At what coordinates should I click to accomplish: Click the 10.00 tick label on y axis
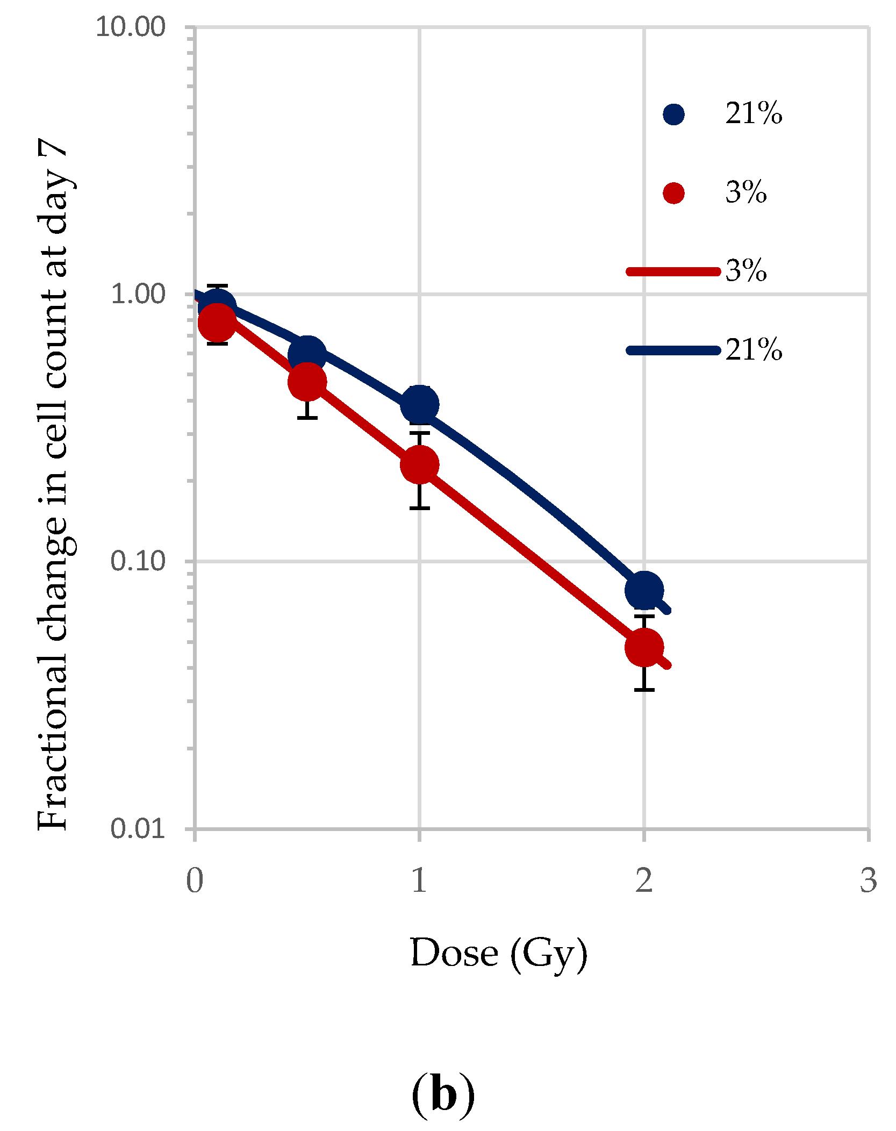point(130,27)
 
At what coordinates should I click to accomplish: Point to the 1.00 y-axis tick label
point(138,294)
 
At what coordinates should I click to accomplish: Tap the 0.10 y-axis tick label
point(138,561)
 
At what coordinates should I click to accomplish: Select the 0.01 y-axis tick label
point(138,828)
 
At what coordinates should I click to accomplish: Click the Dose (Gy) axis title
point(499,954)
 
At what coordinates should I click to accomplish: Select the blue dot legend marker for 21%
point(673,114)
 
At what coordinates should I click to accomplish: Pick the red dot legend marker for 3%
point(673,193)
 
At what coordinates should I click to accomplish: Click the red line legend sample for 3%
point(673,271)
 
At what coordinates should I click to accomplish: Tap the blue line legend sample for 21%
point(673,350)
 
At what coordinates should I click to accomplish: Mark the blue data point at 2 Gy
point(644,590)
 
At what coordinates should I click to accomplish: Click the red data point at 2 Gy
point(644,647)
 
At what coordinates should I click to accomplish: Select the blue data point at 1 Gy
point(419,404)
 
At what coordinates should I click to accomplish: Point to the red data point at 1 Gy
point(419,464)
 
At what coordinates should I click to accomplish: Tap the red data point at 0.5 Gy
point(307,382)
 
